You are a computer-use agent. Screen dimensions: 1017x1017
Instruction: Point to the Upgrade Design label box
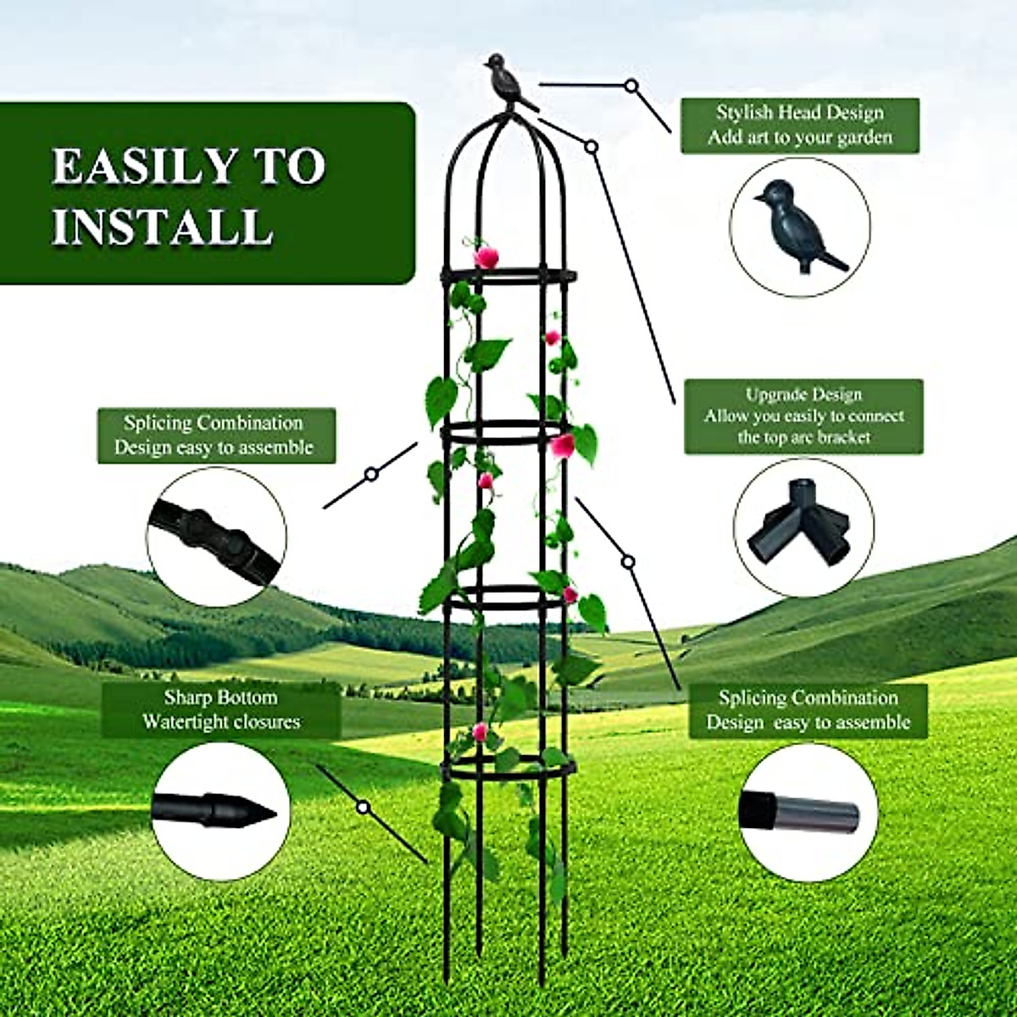pos(803,416)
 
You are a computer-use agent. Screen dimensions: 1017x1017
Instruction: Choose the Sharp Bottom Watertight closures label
pos(220,710)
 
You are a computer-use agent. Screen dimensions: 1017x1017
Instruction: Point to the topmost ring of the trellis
pos(508,276)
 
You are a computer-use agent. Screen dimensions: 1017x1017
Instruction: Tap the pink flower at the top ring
pos(486,257)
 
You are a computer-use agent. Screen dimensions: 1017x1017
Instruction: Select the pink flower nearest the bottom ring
pos(481,731)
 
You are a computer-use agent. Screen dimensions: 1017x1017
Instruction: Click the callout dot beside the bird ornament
pos(631,86)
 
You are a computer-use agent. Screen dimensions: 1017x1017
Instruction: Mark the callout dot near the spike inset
pos(363,807)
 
